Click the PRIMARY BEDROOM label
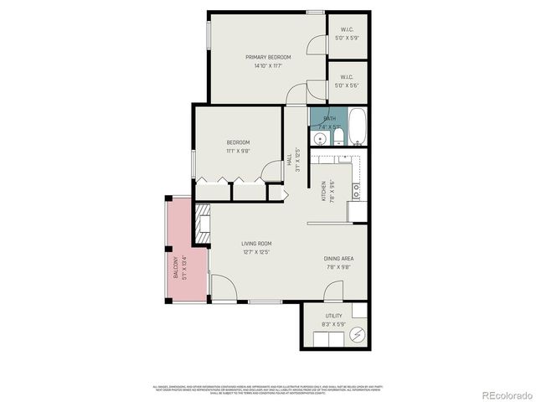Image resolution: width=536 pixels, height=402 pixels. point(268,57)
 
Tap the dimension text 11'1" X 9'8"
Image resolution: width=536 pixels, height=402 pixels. point(238,151)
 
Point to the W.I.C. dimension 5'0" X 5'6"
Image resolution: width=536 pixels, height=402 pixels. point(346,85)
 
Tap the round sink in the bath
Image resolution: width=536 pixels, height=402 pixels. point(319,138)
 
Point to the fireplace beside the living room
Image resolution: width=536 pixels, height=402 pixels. point(201,226)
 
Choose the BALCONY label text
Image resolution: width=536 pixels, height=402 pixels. point(176,267)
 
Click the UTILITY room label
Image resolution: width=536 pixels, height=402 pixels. point(333,316)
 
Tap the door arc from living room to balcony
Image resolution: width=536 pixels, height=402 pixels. point(221,290)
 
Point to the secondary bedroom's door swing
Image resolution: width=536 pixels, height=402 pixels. point(272,171)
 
